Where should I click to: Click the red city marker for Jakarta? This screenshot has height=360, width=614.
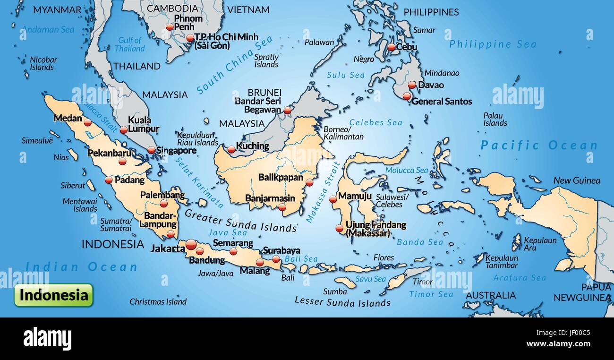(x=191, y=244)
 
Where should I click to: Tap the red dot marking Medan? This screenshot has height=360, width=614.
(x=87, y=122)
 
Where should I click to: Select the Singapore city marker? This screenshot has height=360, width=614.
(x=151, y=150)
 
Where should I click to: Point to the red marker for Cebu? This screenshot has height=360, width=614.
(x=391, y=47)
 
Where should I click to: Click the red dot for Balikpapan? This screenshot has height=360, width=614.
(x=309, y=182)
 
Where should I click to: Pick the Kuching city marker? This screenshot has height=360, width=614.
(x=231, y=150)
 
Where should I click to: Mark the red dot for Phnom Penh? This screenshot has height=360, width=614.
(x=170, y=27)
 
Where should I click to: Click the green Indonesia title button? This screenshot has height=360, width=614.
(x=53, y=295)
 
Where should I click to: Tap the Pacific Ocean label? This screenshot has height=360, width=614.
(x=539, y=146)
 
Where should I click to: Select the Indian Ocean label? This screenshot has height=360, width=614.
(x=81, y=267)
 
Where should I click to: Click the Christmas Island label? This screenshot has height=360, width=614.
(x=158, y=301)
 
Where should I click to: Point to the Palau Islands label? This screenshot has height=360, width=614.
(x=495, y=119)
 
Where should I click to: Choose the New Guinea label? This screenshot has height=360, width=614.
(x=577, y=180)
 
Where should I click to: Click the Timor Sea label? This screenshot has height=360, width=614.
(x=431, y=294)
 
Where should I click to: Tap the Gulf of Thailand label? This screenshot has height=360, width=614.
(x=130, y=44)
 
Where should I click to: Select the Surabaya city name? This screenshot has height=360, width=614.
(x=281, y=250)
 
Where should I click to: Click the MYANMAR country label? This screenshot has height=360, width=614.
(x=57, y=10)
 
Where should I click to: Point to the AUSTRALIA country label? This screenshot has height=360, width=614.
(x=491, y=295)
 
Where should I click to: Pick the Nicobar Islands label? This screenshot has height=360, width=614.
(x=43, y=63)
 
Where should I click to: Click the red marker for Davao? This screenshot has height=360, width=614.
(x=412, y=85)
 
